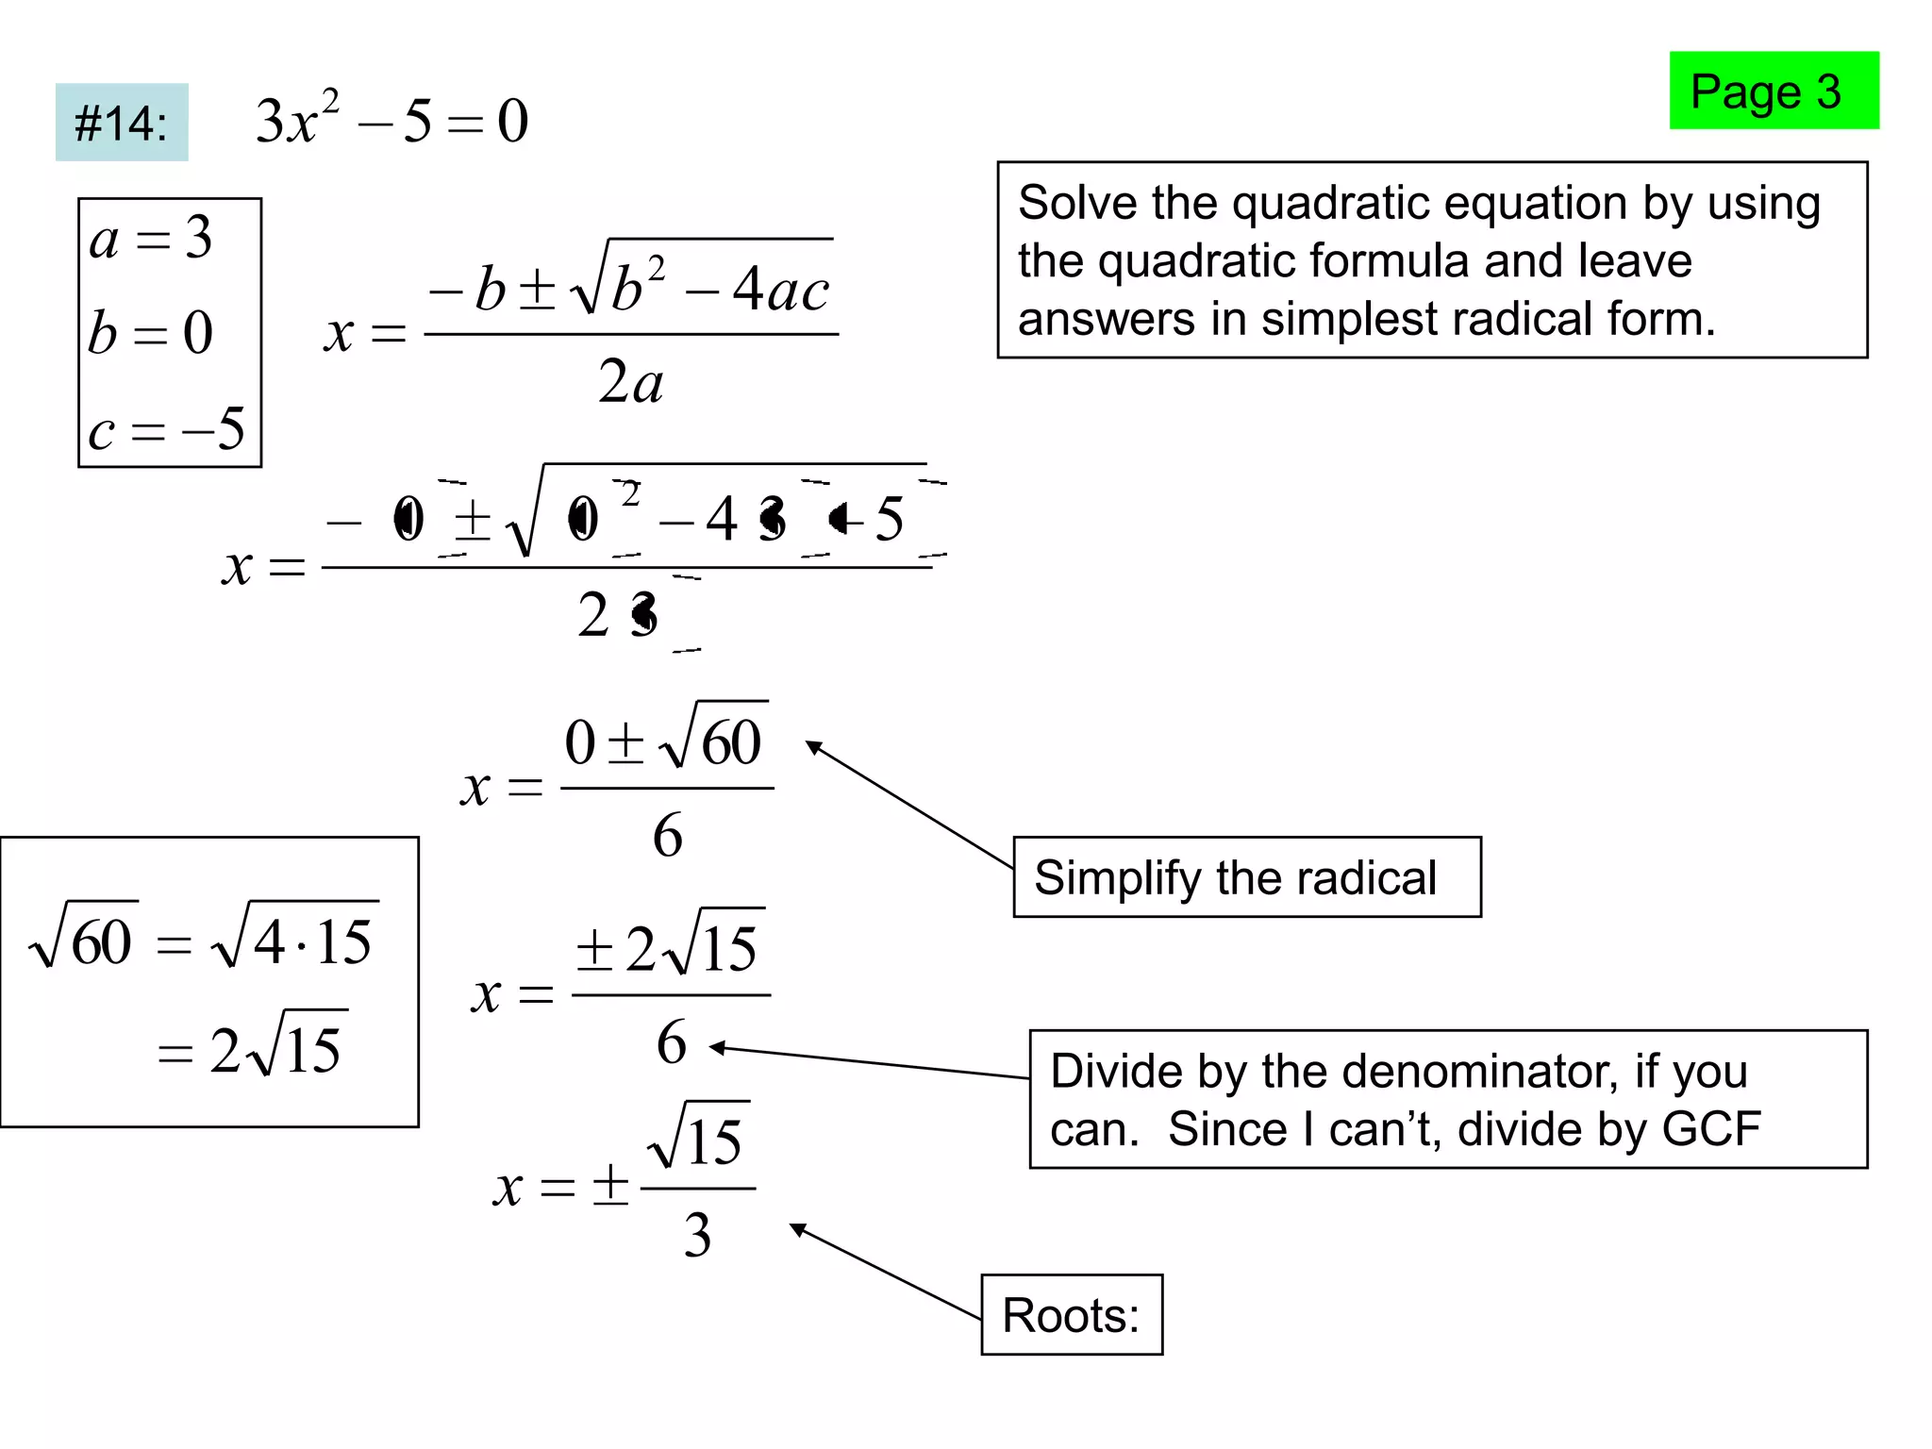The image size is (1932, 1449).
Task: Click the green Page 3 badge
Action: pyautogui.click(x=1774, y=91)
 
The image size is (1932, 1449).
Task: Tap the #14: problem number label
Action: pyautogui.click(x=122, y=123)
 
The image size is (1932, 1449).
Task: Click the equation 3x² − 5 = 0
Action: pyautogui.click(x=391, y=121)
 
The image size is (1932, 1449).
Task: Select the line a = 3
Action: pyautogui.click(x=151, y=238)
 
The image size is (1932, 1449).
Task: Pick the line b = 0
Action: pyautogui.click(x=151, y=333)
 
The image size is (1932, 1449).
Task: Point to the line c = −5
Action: pyautogui.click(x=166, y=430)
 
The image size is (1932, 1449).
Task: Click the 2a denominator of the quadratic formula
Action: pyautogui.click(x=630, y=382)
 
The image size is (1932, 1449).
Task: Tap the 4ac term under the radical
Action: pyautogui.click(x=780, y=289)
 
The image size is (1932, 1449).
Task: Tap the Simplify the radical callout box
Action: pyautogui.click(x=1246, y=877)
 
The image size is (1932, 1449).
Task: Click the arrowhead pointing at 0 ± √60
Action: pyautogui.click(x=812, y=746)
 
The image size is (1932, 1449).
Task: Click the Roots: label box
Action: pyautogui.click(x=1072, y=1315)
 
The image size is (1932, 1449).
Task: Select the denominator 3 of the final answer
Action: pyautogui.click(x=697, y=1235)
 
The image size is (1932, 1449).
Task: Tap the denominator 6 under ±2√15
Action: pyautogui.click(x=671, y=1042)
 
